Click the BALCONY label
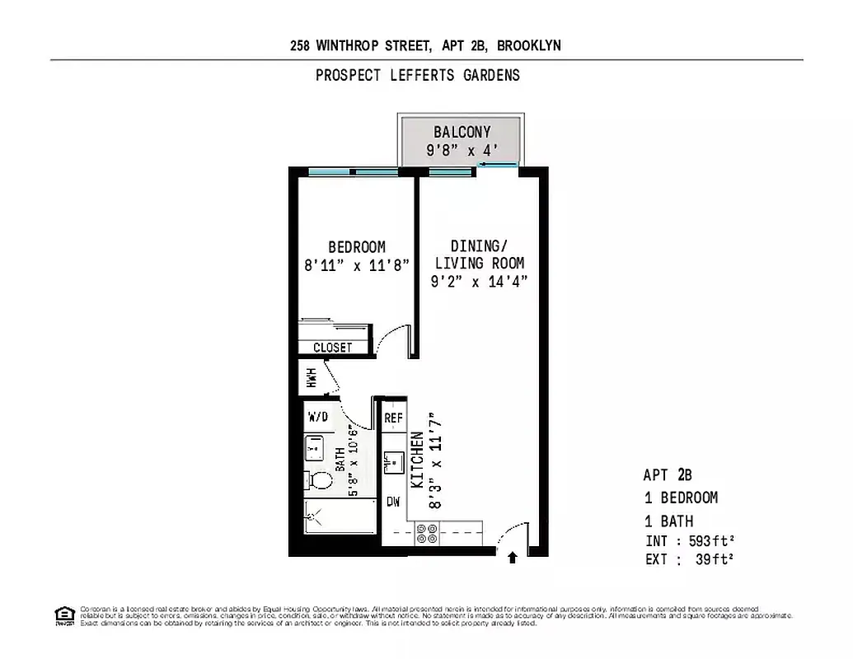[462, 132]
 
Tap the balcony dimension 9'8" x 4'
[462, 150]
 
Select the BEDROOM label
[357, 247]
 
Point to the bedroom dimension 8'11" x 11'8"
[357, 265]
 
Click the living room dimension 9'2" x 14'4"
[478, 281]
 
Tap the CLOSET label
[332, 348]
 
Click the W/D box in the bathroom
[317, 417]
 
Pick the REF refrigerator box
[393, 418]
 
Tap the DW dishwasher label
[393, 502]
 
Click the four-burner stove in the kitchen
[427, 534]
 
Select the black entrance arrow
[512, 558]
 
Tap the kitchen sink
[393, 461]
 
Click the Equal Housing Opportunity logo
[63, 615]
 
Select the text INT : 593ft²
[689, 542]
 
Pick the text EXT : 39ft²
[689, 560]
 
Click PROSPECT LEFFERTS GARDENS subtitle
[418, 75]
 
